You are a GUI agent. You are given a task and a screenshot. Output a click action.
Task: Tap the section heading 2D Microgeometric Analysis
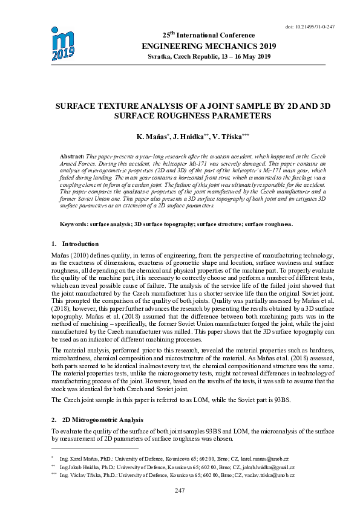pos(102,420)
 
